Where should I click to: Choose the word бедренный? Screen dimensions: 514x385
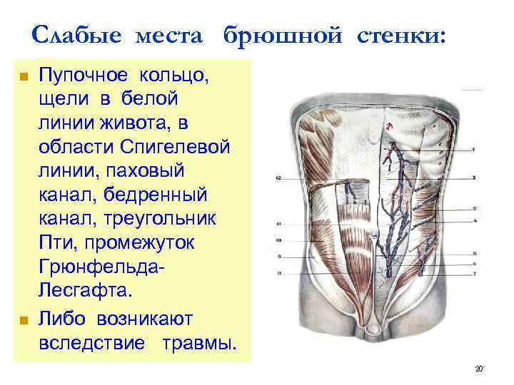[x=159, y=194]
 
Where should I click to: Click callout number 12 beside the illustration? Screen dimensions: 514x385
[x=279, y=176]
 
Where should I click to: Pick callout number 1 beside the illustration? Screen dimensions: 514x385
[x=474, y=150]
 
